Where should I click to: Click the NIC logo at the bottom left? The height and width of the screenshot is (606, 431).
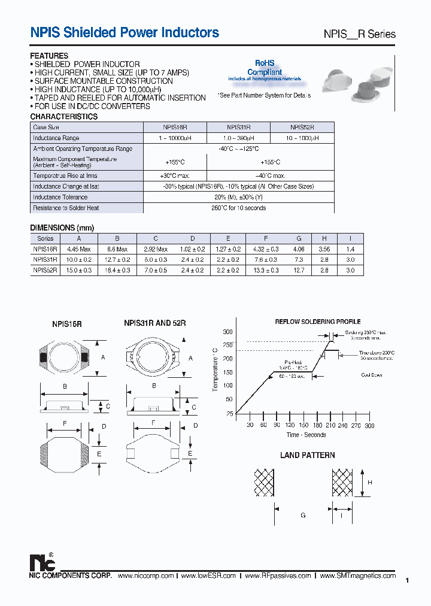tap(43, 562)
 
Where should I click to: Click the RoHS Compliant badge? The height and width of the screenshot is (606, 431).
tap(264, 68)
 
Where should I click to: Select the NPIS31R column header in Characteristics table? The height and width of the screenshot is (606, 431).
tap(238, 128)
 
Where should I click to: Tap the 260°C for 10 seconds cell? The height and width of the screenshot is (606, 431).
tap(239, 208)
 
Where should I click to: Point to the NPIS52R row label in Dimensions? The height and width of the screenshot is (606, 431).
tap(45, 271)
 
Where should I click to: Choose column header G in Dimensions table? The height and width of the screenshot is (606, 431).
tap(299, 238)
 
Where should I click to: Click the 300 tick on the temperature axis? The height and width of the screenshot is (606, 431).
tap(228, 332)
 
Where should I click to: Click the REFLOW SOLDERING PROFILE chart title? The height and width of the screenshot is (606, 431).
tap(318, 322)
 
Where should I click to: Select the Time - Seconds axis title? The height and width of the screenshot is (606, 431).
tap(306, 435)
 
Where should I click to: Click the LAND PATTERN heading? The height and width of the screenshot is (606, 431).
tap(308, 455)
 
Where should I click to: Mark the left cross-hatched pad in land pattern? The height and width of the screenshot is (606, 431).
tap(265, 483)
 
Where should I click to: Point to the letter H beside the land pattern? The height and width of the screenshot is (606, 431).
tap(370, 483)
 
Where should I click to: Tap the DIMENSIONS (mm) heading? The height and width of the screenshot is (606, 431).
tap(62, 228)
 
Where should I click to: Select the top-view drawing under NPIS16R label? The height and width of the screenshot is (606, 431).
tap(65, 358)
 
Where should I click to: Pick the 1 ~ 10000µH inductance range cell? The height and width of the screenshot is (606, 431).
tap(175, 138)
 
